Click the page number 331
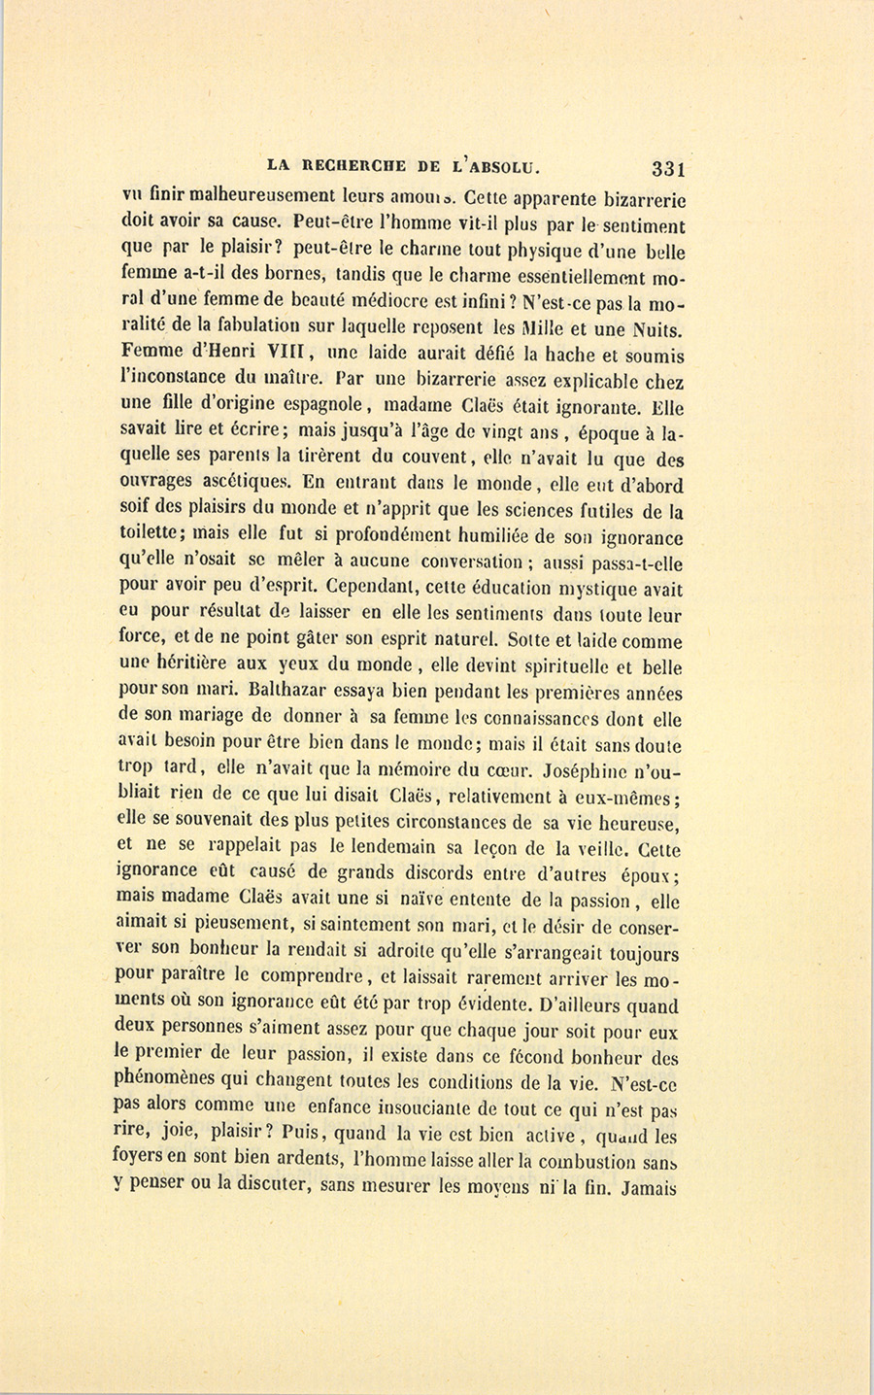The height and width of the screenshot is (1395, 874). click(x=669, y=167)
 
